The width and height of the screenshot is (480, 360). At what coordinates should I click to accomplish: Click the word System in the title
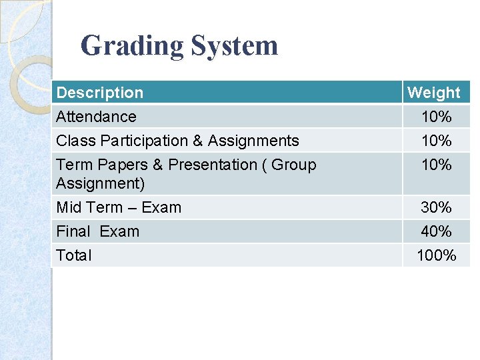(234, 46)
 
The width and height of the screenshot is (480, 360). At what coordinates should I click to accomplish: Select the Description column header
(99, 93)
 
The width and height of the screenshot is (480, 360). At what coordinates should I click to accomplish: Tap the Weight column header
(433, 93)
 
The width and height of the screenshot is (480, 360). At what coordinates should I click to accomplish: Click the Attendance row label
(96, 117)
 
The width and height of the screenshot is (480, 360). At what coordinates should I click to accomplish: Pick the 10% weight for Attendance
(436, 117)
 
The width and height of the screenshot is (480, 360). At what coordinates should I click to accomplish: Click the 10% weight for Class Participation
(436, 141)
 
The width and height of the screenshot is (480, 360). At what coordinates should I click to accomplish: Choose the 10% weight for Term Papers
(436, 165)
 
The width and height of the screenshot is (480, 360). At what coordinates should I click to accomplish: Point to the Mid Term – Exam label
(119, 207)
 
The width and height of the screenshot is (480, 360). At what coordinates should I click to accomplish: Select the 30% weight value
(436, 208)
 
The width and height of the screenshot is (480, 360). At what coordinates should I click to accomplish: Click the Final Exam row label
(97, 231)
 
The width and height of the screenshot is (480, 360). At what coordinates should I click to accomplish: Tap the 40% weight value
(436, 232)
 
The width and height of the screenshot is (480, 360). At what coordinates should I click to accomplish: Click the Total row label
(74, 255)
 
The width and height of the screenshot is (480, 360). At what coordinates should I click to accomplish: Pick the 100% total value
(436, 255)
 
